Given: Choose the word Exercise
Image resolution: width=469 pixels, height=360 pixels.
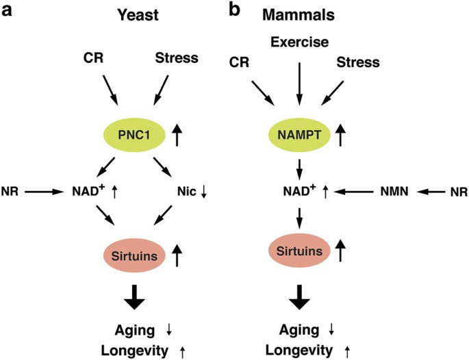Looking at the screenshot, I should click(298, 43).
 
